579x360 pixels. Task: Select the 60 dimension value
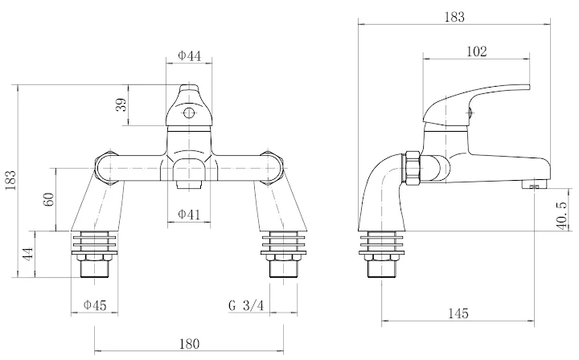50,198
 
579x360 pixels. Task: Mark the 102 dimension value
476,51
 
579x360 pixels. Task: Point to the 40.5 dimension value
561,215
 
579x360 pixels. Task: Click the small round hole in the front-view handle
188,113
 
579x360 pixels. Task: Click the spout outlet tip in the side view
534,185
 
